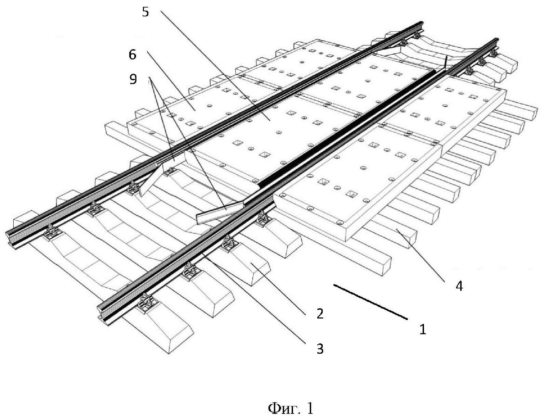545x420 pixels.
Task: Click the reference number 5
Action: tap(145, 13)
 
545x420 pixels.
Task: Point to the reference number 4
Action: tap(459, 286)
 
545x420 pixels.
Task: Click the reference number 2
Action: tap(320, 314)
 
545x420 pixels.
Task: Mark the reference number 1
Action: tap(423, 329)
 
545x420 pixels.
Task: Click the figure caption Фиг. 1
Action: tap(290, 408)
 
